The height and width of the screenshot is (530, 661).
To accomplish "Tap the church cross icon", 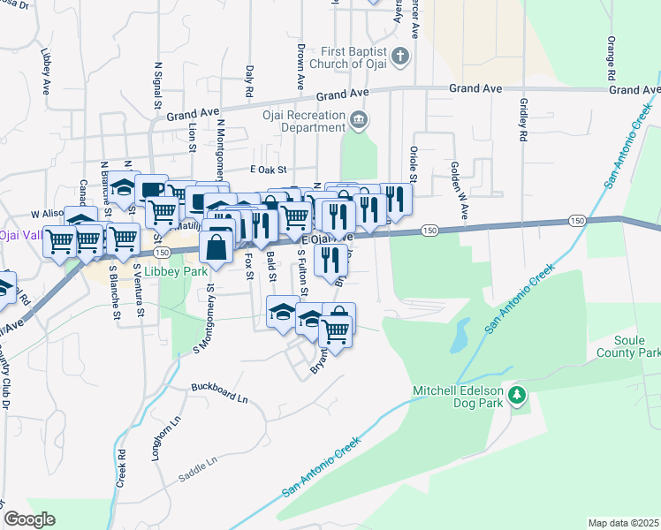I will [400, 57].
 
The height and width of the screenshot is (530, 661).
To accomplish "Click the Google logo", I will [29, 519].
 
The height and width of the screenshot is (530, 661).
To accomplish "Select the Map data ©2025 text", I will [623, 523].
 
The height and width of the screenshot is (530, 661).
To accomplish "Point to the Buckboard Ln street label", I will [219, 393].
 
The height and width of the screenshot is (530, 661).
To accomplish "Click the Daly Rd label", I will [250, 80].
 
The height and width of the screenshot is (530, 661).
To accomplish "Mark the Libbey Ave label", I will [43, 65].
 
